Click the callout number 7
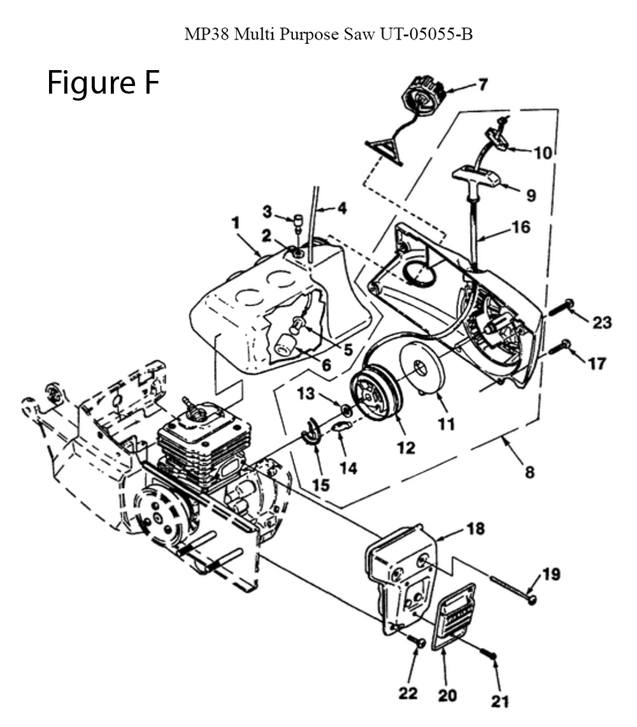(x=483, y=85)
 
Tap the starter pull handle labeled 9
(x=476, y=178)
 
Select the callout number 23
(x=602, y=322)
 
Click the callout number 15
(x=321, y=485)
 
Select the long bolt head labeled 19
(x=533, y=600)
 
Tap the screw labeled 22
(x=417, y=641)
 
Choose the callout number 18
(x=476, y=529)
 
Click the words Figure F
(x=103, y=83)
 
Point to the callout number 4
(x=341, y=208)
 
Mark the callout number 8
(x=529, y=472)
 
